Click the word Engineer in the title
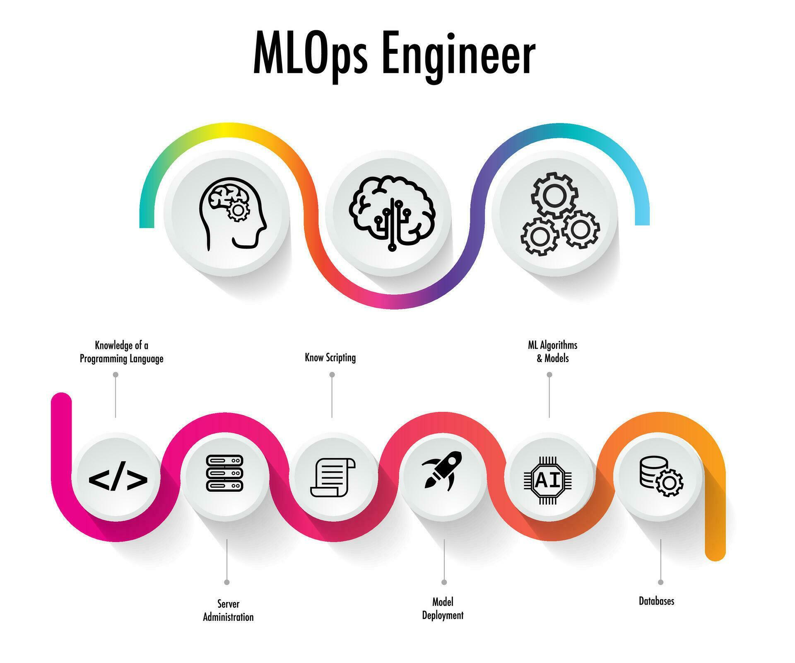pos(460,56)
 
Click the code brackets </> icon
pos(118,479)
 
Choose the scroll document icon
pos(332,477)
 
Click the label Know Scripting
pos(330,358)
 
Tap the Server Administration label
pos(228,610)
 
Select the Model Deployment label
pos(443,608)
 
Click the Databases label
pos(656,601)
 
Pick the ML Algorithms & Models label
pos(552,351)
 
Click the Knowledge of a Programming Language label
pos(121,352)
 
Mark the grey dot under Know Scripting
pos(332,375)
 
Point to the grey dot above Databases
pos(660,582)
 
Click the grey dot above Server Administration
pos(227,582)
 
